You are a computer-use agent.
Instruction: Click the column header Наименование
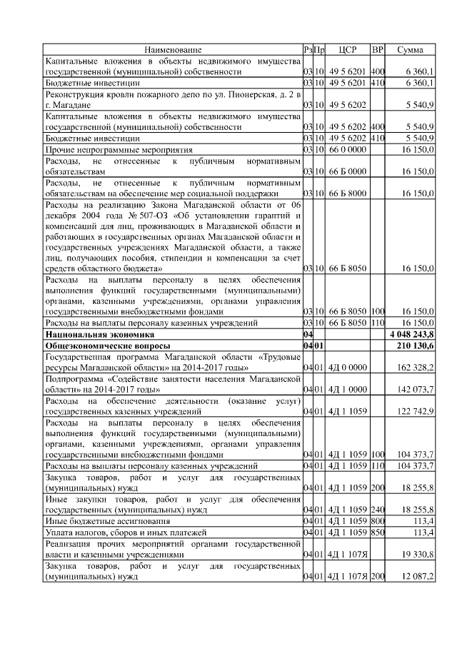tap(172, 50)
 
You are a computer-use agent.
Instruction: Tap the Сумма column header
tap(410, 50)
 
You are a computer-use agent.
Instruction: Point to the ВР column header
tap(378, 50)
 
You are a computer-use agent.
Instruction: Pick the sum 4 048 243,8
tap(412, 334)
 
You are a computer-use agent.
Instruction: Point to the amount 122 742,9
tap(416, 411)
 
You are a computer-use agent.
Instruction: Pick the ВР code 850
tap(378, 532)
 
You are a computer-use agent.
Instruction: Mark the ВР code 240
tap(378, 510)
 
